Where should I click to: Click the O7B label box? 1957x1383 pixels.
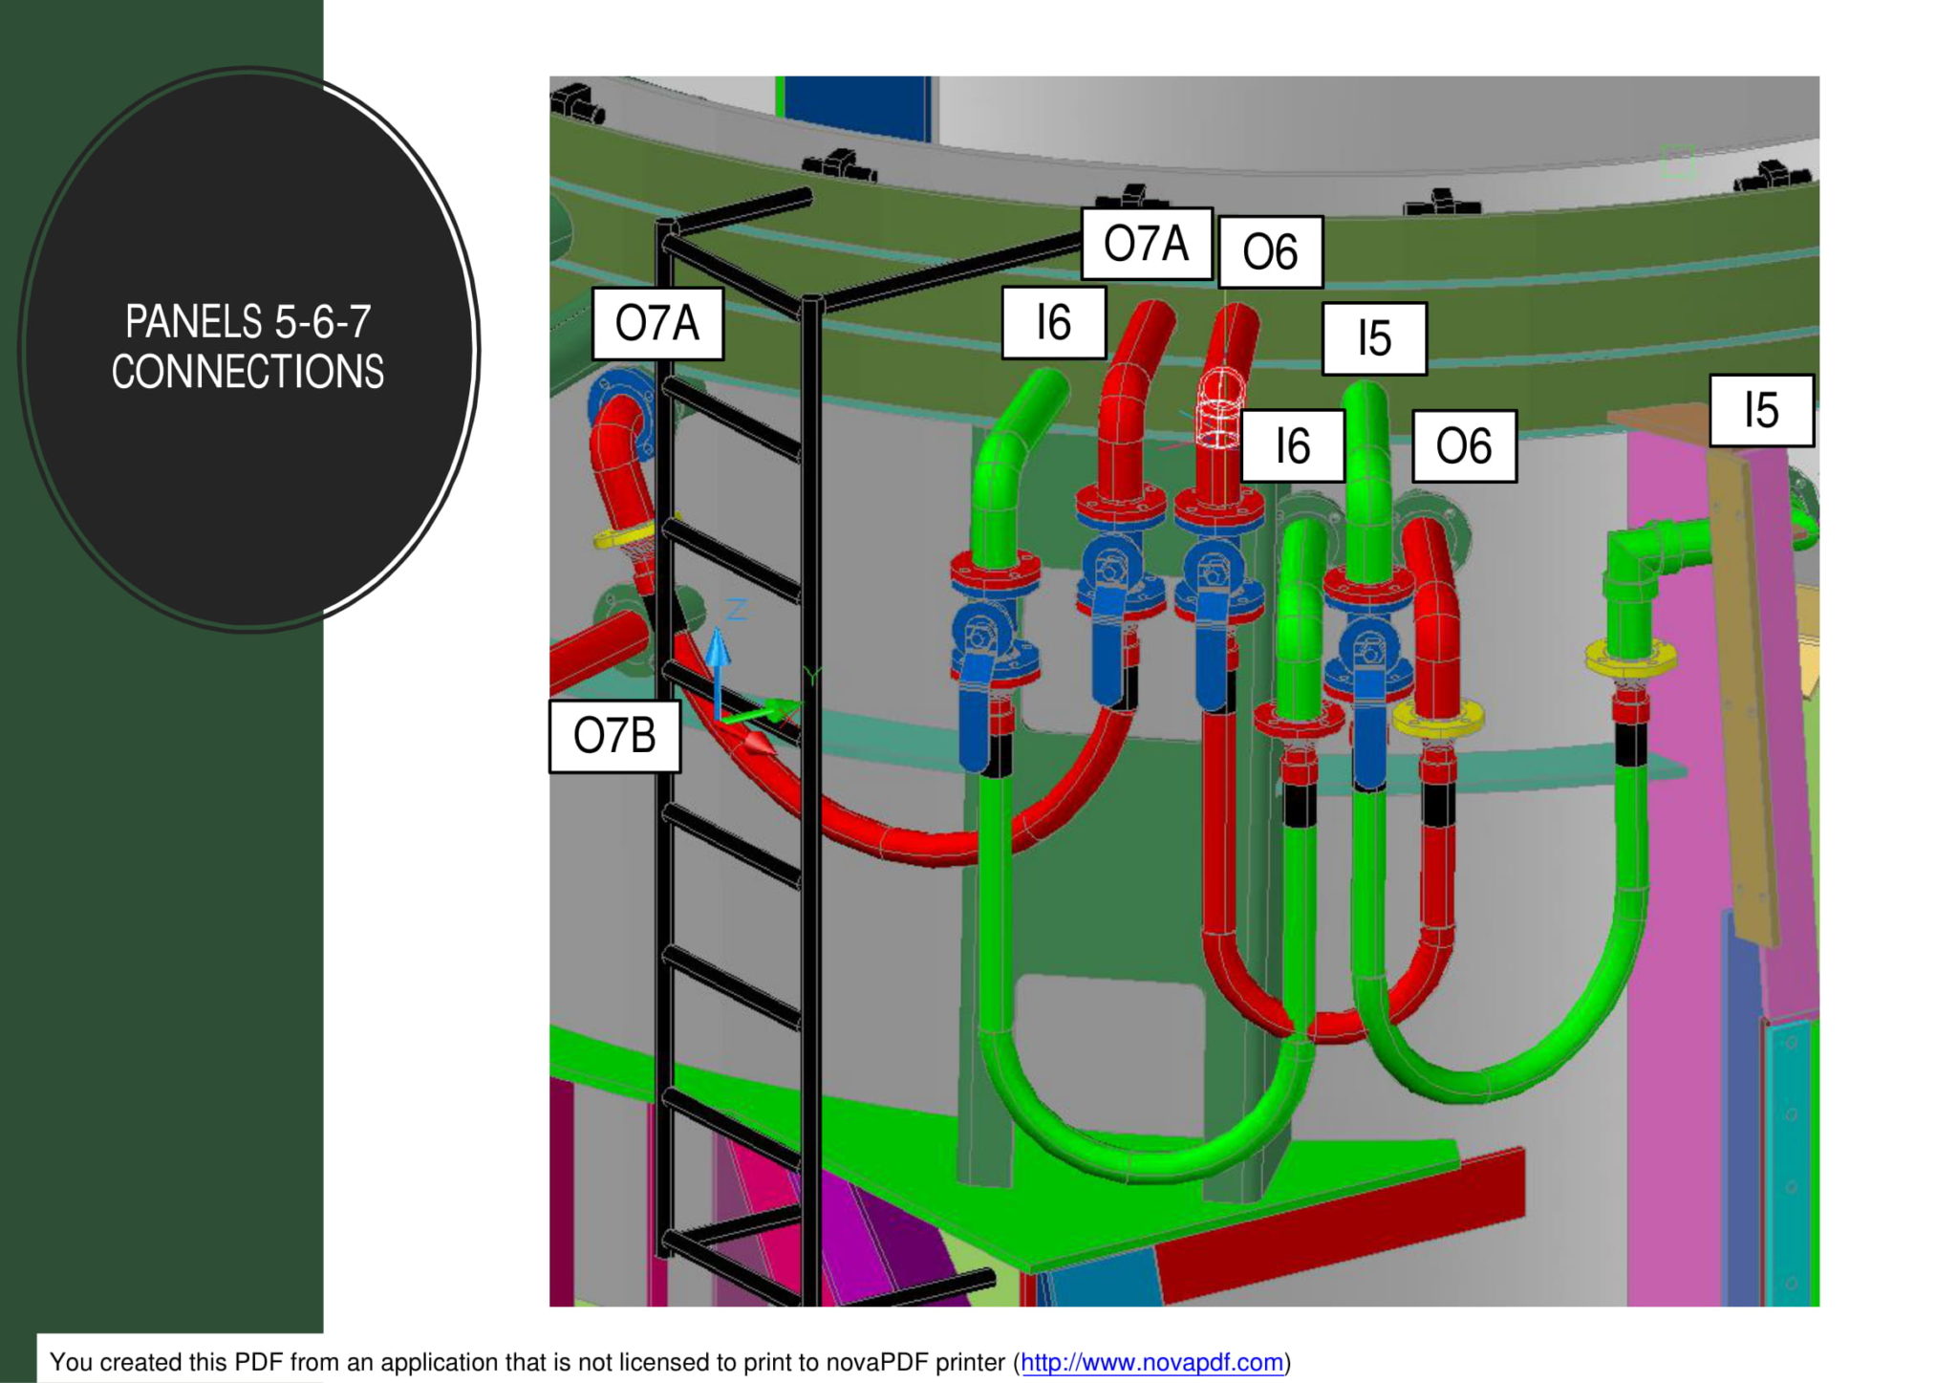614,736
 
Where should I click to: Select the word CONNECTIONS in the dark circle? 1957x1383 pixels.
247,372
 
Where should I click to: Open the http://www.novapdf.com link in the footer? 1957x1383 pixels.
1151,1362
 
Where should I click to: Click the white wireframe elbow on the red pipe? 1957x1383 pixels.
1219,409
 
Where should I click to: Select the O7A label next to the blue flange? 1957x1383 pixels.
657,323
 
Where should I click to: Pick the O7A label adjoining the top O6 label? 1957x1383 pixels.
1147,244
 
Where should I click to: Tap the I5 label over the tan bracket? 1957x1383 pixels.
1761,410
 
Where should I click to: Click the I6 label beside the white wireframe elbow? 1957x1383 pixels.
1293,446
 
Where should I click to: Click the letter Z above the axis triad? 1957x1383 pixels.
736,609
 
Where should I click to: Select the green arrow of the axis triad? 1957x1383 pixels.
764,712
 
